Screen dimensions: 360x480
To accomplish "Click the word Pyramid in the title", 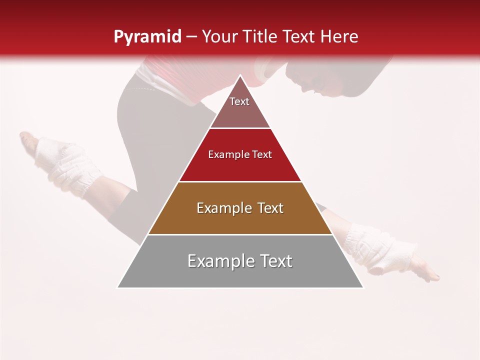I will click(x=147, y=37).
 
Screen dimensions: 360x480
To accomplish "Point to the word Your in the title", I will click(x=218, y=37).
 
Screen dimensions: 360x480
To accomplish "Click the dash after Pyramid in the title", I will click(x=191, y=37).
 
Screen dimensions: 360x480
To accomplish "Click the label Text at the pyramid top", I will click(x=239, y=101).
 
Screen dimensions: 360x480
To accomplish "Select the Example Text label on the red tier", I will click(x=240, y=154).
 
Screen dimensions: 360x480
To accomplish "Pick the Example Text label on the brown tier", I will click(x=240, y=208).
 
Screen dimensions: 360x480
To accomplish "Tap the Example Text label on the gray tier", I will click(x=240, y=261).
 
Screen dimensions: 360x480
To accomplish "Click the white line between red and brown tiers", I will click(x=240, y=181).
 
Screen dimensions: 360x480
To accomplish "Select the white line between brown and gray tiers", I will click(x=240, y=234).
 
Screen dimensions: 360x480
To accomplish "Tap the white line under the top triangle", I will click(x=240, y=128).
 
